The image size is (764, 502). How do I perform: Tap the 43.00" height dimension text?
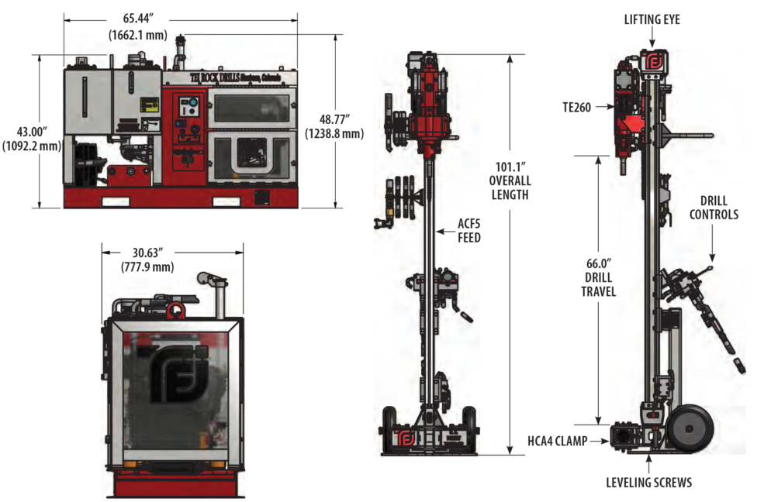[31, 138]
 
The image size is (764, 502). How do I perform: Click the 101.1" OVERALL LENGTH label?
[510, 180]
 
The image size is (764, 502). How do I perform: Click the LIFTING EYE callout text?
[652, 19]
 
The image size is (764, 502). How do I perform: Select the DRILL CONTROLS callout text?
[714, 208]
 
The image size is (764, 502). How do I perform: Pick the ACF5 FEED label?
[468, 231]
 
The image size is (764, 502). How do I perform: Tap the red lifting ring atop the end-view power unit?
[175, 311]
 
